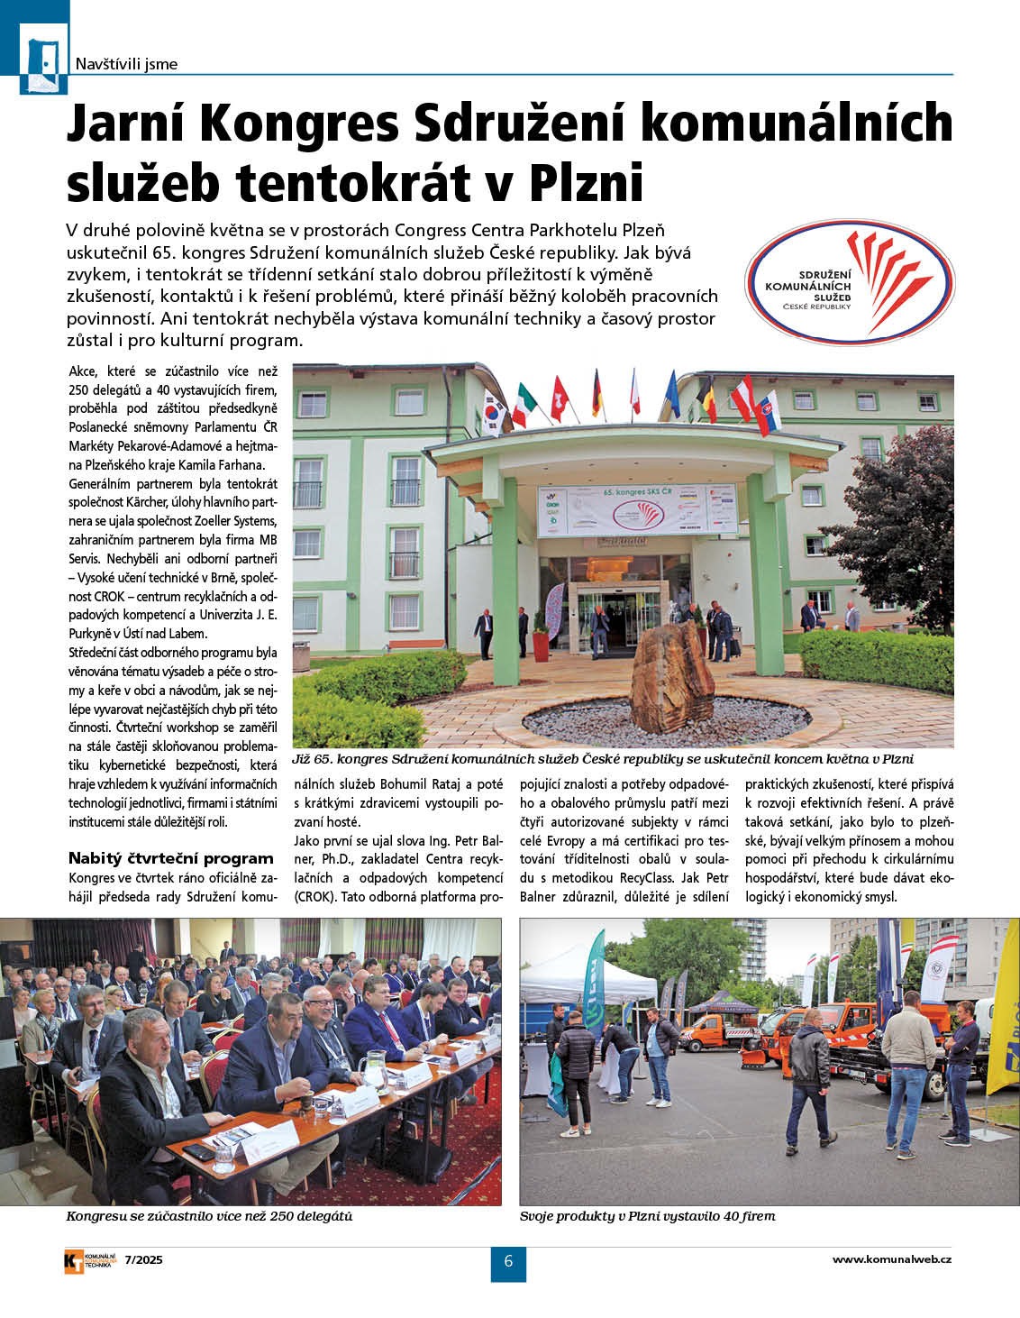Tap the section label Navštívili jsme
[x=126, y=64]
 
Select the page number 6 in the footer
[x=508, y=1261]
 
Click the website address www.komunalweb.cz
[x=891, y=1259]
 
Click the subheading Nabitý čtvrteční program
[x=170, y=858]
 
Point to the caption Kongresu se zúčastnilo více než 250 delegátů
[x=209, y=1216]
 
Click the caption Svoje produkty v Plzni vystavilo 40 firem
[x=647, y=1216]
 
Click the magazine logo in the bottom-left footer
[x=90, y=1260]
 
